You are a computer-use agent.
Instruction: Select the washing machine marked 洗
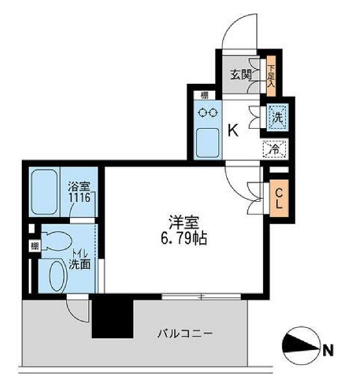point(276,116)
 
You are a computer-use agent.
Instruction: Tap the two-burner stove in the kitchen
point(207,112)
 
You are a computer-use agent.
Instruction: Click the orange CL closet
point(278,199)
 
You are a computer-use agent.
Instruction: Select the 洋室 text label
point(182,222)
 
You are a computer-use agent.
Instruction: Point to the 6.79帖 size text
point(182,238)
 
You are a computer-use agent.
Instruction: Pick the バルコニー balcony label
point(184,334)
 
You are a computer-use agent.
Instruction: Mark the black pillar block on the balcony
point(112,317)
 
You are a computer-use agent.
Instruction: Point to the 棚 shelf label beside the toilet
point(34,246)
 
